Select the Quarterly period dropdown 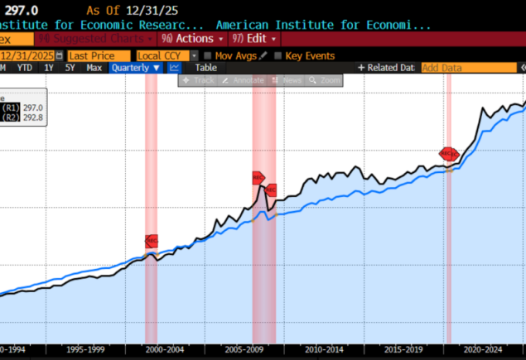134,68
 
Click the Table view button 205,68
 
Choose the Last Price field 98,55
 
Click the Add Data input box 451,68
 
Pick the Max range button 94,68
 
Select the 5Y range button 70,68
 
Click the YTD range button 25,68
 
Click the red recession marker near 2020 448,153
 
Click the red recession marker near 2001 152,241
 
